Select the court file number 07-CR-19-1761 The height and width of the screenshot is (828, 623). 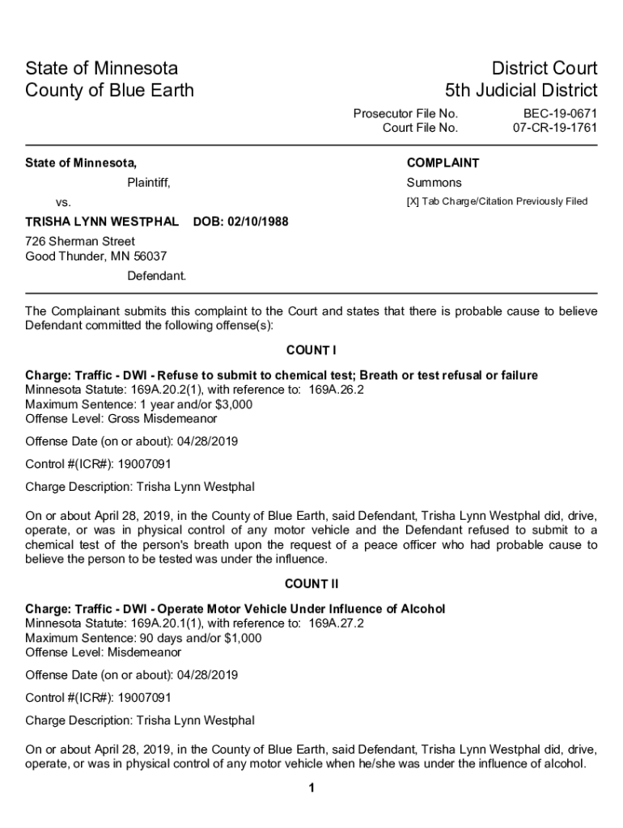[555, 128]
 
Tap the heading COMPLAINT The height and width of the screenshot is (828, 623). [443, 163]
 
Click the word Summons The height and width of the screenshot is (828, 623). [434, 183]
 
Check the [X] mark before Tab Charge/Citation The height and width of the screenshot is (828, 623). [413, 201]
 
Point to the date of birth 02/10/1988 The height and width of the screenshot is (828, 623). [258, 222]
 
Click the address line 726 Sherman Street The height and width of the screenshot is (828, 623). [80, 242]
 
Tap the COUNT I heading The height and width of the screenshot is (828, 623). [311, 350]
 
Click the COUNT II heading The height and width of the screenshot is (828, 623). [311, 583]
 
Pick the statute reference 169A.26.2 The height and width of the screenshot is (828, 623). [337, 390]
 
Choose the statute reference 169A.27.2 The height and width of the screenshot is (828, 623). [337, 623]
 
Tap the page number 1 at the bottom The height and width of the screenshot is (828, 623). [311, 788]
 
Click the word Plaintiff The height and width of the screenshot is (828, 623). [149, 183]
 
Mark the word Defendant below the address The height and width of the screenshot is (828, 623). [156, 276]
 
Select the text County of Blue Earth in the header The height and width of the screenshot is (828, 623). [109, 90]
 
